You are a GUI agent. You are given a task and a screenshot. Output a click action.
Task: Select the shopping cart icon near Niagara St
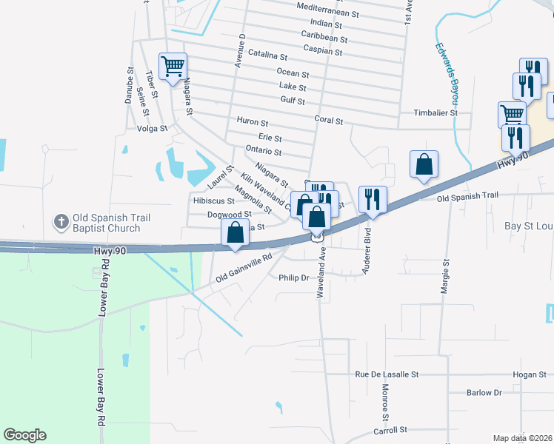pos(173,66)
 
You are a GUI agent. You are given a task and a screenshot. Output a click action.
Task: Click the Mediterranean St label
pos(327,14)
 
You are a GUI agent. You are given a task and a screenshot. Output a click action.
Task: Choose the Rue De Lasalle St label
pos(387,375)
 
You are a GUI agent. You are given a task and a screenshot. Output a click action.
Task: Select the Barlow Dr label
pos(484,393)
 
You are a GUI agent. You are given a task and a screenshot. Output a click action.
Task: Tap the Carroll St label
pos(390,430)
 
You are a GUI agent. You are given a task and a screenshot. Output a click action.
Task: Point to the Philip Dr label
pos(293,277)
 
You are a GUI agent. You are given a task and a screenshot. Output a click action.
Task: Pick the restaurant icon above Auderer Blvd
pos(372,199)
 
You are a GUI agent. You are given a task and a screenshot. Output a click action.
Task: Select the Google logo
pos(25,435)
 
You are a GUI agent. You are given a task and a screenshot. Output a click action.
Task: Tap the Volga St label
pos(153,127)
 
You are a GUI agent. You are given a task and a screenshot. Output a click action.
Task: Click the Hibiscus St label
pos(213,201)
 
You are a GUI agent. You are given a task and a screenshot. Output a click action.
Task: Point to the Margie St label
pos(446,277)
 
